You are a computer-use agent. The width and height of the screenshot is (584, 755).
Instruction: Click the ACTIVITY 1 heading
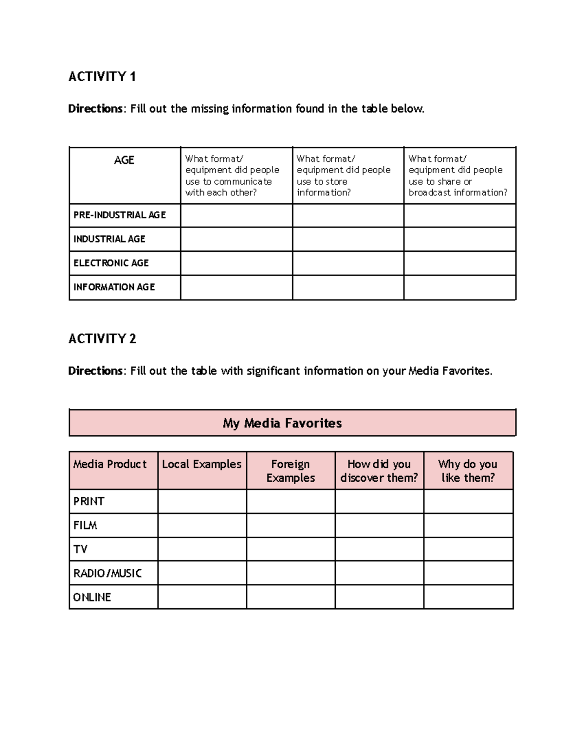[x=102, y=77]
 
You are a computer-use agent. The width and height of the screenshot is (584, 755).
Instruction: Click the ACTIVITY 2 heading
[x=102, y=339]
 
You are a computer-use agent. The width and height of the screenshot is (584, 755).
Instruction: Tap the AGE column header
[x=124, y=160]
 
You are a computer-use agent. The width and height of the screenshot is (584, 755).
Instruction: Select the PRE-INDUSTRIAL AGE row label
[x=120, y=215]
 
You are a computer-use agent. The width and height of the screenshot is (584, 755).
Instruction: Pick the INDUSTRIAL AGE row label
[x=109, y=239]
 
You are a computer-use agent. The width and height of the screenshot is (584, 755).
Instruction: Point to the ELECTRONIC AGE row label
[x=111, y=263]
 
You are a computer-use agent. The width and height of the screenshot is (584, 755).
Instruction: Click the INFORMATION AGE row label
[x=114, y=287]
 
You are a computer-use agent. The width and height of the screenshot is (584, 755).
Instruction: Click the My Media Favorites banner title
[x=282, y=423]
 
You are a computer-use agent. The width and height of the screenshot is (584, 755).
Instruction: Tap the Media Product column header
[x=110, y=464]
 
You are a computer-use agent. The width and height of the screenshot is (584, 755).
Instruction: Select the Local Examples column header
[x=201, y=464]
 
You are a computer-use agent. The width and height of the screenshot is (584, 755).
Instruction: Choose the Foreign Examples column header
[x=291, y=471]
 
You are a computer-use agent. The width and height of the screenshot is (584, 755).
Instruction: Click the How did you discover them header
[x=379, y=471]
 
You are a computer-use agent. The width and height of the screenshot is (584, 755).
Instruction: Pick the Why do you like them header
[x=468, y=471]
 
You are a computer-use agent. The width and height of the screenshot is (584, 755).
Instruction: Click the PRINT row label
[x=89, y=501]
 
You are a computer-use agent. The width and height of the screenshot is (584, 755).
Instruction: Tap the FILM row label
[x=85, y=526]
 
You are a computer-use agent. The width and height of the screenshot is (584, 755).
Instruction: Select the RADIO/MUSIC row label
[x=108, y=573]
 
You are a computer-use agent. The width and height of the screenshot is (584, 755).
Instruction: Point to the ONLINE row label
[x=92, y=597]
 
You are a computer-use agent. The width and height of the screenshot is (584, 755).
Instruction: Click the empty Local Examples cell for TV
[x=202, y=549]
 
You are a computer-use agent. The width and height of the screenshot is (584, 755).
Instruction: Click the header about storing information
[x=344, y=176]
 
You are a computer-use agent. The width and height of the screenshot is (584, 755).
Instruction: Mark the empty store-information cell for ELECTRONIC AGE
[x=348, y=263]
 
